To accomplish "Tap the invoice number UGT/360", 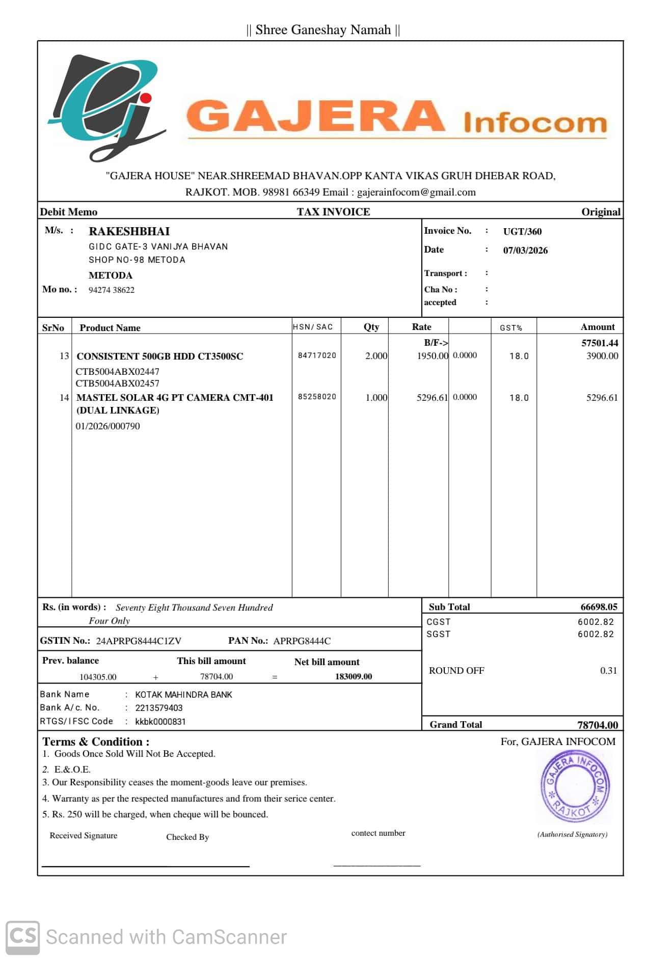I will (522, 232).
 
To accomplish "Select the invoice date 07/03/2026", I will (525, 251).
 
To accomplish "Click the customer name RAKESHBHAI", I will (129, 231).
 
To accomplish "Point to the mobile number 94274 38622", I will (112, 290).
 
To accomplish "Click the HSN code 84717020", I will (317, 355).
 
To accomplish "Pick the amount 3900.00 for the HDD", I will (602, 356).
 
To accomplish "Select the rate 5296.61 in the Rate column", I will (432, 398).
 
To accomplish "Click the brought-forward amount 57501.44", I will (600, 343).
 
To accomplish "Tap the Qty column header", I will (371, 327).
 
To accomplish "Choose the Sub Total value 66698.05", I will (599, 607).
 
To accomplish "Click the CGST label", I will (438, 622).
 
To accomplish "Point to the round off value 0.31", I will (608, 671).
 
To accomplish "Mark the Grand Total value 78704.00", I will (597, 725).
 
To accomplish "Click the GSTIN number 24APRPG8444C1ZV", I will (139, 641).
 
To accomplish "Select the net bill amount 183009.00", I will (354, 677).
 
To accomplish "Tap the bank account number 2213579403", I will (158, 708).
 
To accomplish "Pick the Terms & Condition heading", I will (96, 742).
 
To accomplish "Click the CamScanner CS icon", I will (23, 937).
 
